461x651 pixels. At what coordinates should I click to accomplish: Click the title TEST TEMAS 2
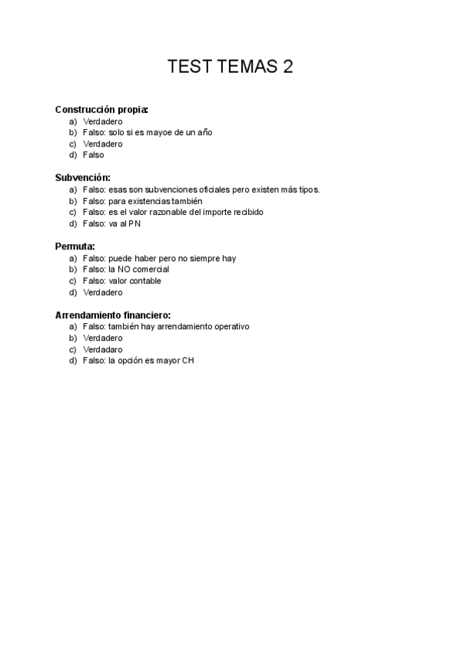230,67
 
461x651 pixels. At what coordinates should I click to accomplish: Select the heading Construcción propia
101,110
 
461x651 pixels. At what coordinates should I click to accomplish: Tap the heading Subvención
82,178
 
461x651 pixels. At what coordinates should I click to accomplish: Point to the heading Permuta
75,246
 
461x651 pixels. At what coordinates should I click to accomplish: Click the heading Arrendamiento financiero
113,315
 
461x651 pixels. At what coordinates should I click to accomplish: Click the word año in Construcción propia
204,133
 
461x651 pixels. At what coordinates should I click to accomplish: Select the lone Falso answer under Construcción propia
93,155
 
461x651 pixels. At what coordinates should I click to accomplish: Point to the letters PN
134,224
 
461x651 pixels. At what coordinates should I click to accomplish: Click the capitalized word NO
124,269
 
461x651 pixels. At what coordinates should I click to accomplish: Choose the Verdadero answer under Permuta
102,292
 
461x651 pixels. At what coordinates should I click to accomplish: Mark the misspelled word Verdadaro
102,349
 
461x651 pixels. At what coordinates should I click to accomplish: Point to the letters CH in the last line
187,361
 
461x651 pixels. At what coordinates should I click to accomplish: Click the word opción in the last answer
132,361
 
